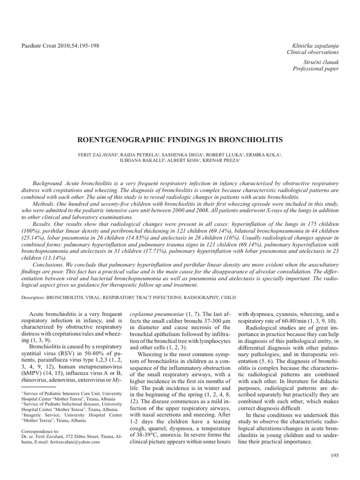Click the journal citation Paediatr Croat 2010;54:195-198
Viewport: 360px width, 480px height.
click(61, 45)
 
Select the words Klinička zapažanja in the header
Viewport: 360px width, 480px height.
click(313, 45)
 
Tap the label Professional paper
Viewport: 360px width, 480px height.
click(315, 68)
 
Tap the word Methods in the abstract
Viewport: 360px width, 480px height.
click(43, 204)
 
